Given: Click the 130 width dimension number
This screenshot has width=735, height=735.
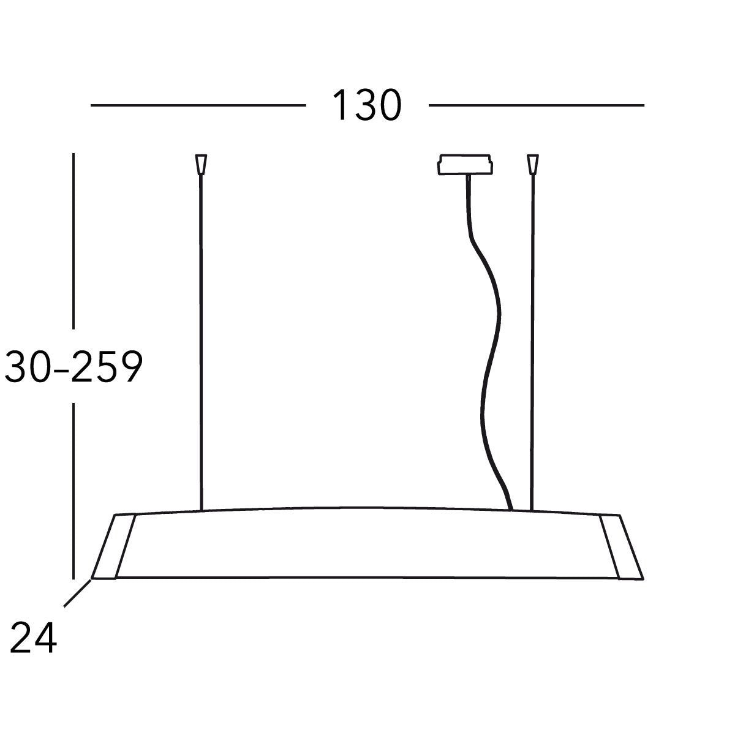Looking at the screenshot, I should [x=367, y=105].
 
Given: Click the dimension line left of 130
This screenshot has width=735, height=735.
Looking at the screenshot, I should [x=198, y=105].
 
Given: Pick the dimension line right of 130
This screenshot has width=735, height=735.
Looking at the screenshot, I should [x=536, y=105].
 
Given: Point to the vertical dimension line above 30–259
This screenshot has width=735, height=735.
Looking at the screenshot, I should [x=73, y=239].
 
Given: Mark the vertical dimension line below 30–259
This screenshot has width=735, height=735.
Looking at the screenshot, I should [x=73, y=490].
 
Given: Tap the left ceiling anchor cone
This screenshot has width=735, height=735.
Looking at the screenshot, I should [x=200, y=164].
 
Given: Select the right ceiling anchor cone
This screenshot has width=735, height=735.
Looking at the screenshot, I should [x=533, y=164].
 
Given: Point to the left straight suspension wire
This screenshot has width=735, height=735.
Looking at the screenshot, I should [x=200, y=337].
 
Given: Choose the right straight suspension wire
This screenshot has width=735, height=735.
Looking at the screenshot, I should [x=533, y=337].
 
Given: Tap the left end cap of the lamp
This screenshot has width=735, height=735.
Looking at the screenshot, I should [x=114, y=546].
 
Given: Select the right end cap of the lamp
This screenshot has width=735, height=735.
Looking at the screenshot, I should [x=621, y=546].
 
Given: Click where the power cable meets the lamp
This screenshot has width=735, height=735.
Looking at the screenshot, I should [x=510, y=508].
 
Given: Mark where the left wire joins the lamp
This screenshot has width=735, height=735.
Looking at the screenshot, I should [x=200, y=510].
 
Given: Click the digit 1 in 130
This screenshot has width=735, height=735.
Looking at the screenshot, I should [x=339, y=105].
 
